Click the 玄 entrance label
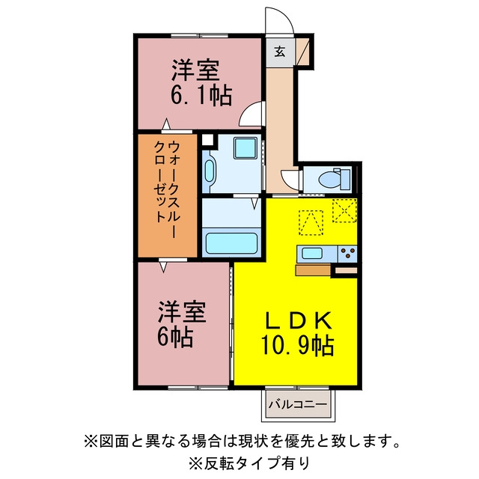pyautogui.click(x=279, y=52)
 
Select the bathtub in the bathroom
pyautogui.click(x=231, y=243)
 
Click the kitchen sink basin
pyautogui.click(x=312, y=253)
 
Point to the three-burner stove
pyautogui.click(x=347, y=254)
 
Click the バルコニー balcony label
pyautogui.click(x=298, y=405)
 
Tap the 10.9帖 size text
pyautogui.click(x=297, y=346)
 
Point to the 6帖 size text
pyautogui.click(x=175, y=337)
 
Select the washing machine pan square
pyautogui.click(x=245, y=148)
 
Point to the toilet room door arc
pyautogui.click(x=290, y=180)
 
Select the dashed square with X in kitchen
pyautogui.click(x=344, y=210)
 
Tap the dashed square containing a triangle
pyautogui.click(x=311, y=222)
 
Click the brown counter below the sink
pyautogui.click(x=313, y=270)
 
